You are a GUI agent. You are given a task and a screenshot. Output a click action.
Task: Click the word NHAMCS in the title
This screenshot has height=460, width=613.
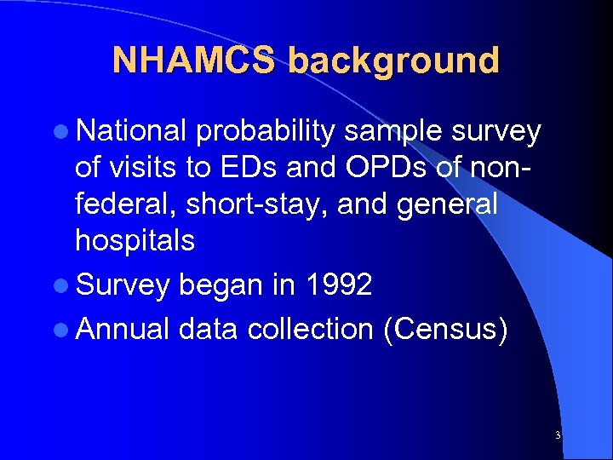(x=194, y=60)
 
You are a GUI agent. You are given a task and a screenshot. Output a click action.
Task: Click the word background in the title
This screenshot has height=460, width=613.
(x=393, y=60)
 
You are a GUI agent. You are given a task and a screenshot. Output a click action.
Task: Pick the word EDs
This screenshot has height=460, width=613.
(x=258, y=167)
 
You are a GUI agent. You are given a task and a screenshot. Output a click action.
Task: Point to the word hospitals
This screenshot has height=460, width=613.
(x=135, y=240)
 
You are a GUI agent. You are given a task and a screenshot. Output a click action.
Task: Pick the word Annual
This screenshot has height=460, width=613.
(x=123, y=329)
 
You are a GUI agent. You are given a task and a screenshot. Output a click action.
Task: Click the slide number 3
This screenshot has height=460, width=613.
(x=557, y=435)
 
